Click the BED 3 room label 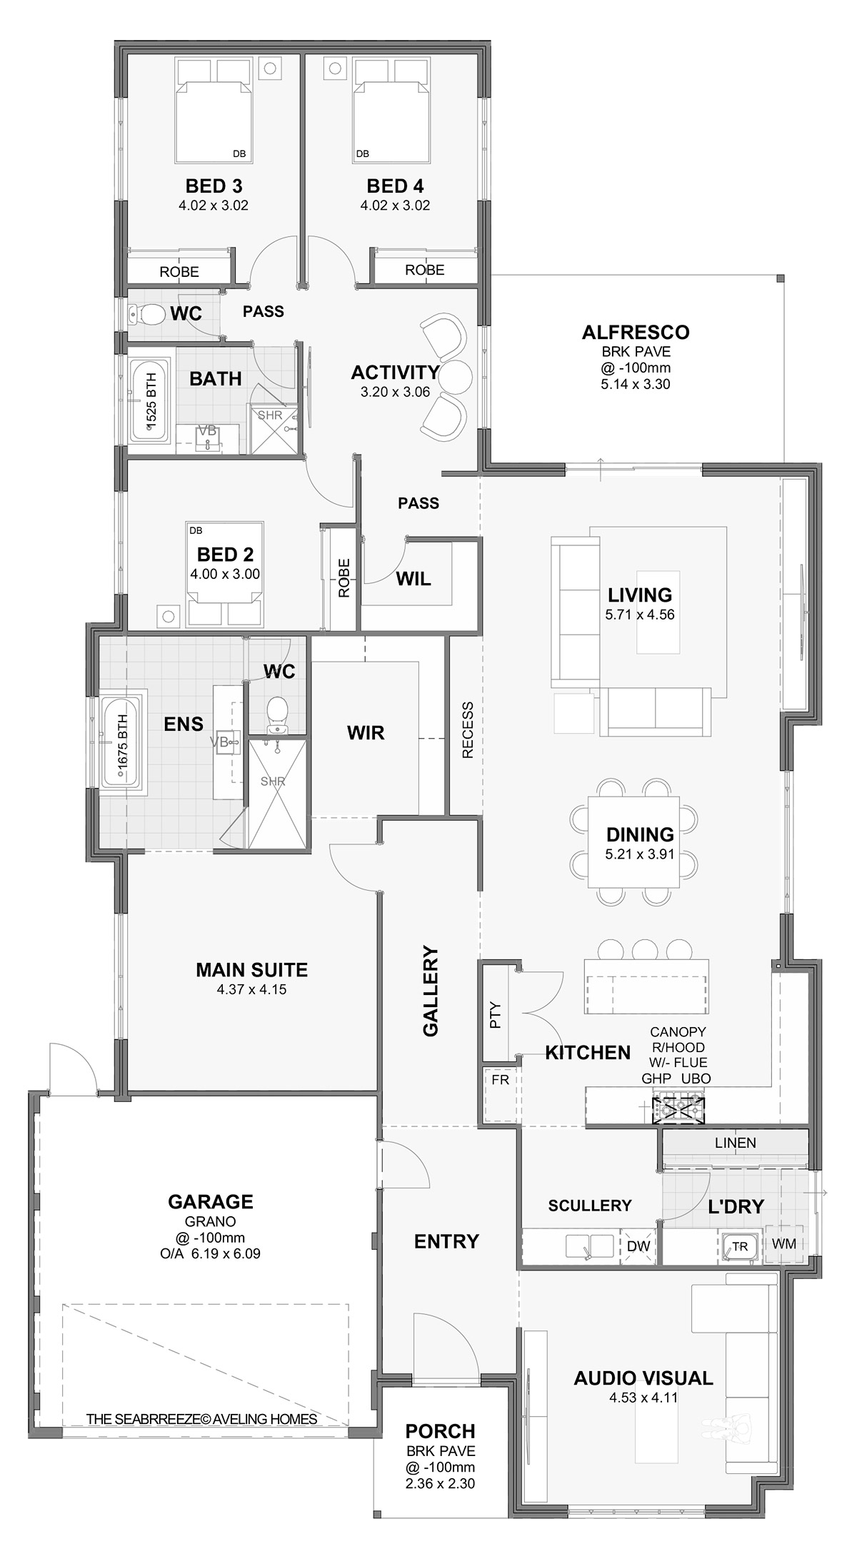pos(214,186)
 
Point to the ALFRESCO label pos(635,333)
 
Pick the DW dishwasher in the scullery pos(638,1246)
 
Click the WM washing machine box pos(783,1243)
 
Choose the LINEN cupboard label pos(735,1143)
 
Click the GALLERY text pos(431,991)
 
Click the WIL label pos(414,579)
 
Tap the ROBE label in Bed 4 pos(424,270)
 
